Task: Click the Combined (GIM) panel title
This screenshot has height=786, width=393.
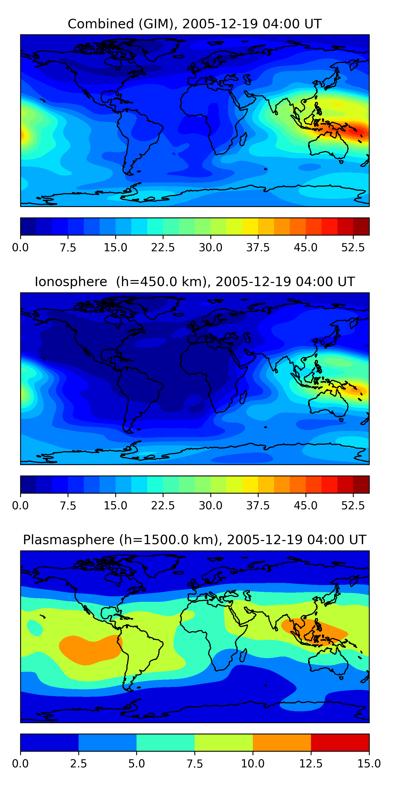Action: click(x=195, y=24)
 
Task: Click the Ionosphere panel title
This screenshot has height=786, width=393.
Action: click(x=195, y=282)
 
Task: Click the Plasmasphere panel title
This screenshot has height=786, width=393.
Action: click(x=195, y=540)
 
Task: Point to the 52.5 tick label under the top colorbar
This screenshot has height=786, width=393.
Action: click(x=353, y=247)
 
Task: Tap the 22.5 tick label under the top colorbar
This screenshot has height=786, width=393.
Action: click(x=163, y=247)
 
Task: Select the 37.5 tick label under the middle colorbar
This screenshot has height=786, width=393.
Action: click(x=258, y=506)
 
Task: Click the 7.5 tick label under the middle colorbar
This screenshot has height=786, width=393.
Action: click(x=68, y=506)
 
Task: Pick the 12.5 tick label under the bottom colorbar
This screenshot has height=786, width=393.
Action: click(x=311, y=764)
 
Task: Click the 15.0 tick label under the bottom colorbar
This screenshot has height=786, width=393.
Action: click(x=369, y=764)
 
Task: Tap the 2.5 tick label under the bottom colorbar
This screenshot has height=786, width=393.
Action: click(x=78, y=764)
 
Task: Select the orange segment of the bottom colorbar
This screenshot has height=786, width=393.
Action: click(x=282, y=742)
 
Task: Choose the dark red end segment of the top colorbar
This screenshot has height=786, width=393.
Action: click(x=361, y=226)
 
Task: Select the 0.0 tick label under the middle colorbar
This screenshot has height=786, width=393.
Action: click(x=20, y=506)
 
